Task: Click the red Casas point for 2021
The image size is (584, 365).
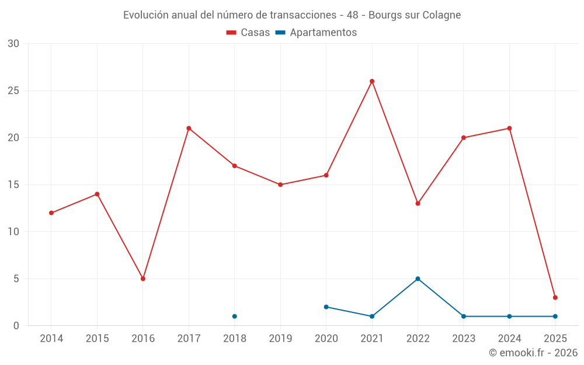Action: click(372, 81)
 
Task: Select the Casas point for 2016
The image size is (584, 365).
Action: click(143, 279)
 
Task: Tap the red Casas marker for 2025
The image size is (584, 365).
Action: click(555, 297)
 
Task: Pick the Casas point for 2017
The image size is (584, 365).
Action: click(189, 128)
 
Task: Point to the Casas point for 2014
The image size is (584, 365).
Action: click(51, 213)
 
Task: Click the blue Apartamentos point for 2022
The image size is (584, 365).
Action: click(418, 279)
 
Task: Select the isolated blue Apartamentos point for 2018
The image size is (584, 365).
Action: click(235, 316)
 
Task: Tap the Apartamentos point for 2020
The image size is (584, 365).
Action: click(326, 307)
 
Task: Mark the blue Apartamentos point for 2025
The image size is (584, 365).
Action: click(555, 316)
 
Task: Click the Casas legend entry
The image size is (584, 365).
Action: click(248, 33)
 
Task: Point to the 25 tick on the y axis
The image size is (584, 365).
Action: click(13, 91)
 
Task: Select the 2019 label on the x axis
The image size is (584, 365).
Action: click(280, 339)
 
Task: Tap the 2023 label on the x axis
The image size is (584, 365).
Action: click(464, 339)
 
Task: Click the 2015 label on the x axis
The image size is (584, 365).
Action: click(97, 339)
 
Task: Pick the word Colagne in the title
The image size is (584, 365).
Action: click(442, 15)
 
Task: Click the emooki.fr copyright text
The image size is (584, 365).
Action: click(533, 353)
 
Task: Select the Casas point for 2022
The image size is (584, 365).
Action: click(418, 203)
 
